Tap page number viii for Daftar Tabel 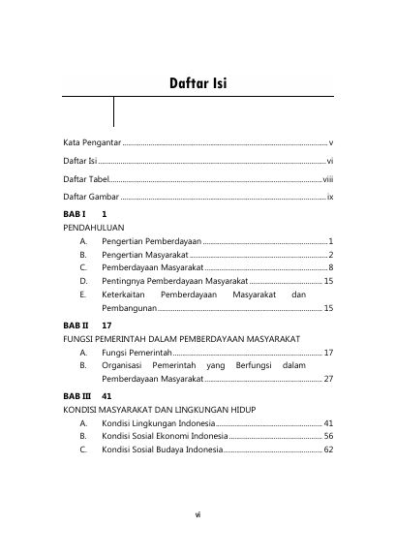coord(327,179)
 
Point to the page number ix coord(330,197)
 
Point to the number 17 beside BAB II coord(107,326)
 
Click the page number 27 coord(328,379)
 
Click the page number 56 coord(328,437)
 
